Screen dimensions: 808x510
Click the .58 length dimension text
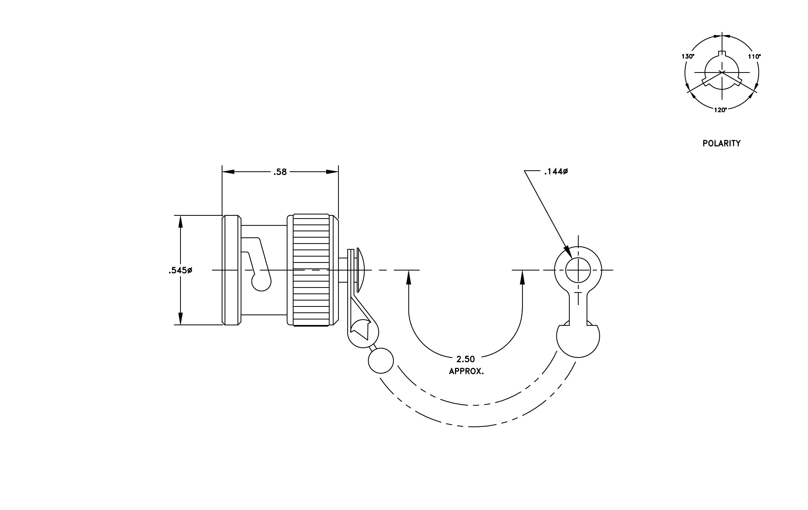[x=280, y=172]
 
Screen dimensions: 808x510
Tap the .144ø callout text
[x=556, y=172]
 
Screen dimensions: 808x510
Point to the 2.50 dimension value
[x=466, y=359]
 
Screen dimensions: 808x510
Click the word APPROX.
[x=467, y=371]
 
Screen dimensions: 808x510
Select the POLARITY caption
[x=721, y=143]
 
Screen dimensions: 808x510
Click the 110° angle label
[x=754, y=57]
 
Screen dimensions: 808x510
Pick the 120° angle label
[x=720, y=110]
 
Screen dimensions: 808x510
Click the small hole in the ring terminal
[x=578, y=270]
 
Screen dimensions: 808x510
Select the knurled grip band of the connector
[x=311, y=270]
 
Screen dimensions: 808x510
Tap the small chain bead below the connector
[x=380, y=361]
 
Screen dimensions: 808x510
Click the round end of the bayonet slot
[x=261, y=282]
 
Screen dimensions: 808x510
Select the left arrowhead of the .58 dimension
[x=228, y=172]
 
